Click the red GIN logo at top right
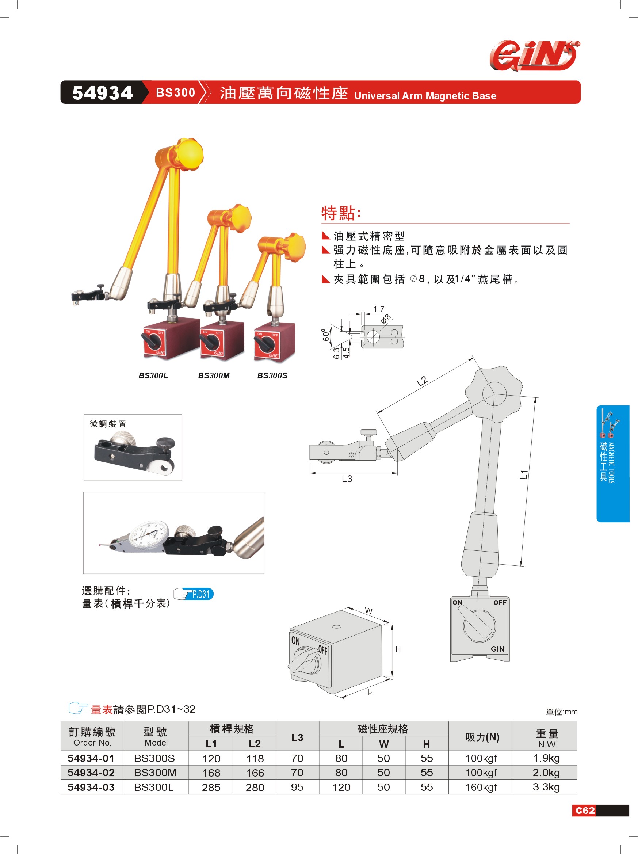535,56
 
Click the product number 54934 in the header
103,93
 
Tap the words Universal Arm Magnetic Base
425,96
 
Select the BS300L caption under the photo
153,375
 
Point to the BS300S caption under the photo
272,375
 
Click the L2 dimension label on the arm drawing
422,381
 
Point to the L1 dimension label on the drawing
524,474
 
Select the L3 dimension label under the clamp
347,479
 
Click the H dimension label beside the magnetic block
398,649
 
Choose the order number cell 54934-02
91,773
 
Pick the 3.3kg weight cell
546,787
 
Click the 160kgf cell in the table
481,787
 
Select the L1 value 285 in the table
211,788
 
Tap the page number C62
585,811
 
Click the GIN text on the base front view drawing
497,649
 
